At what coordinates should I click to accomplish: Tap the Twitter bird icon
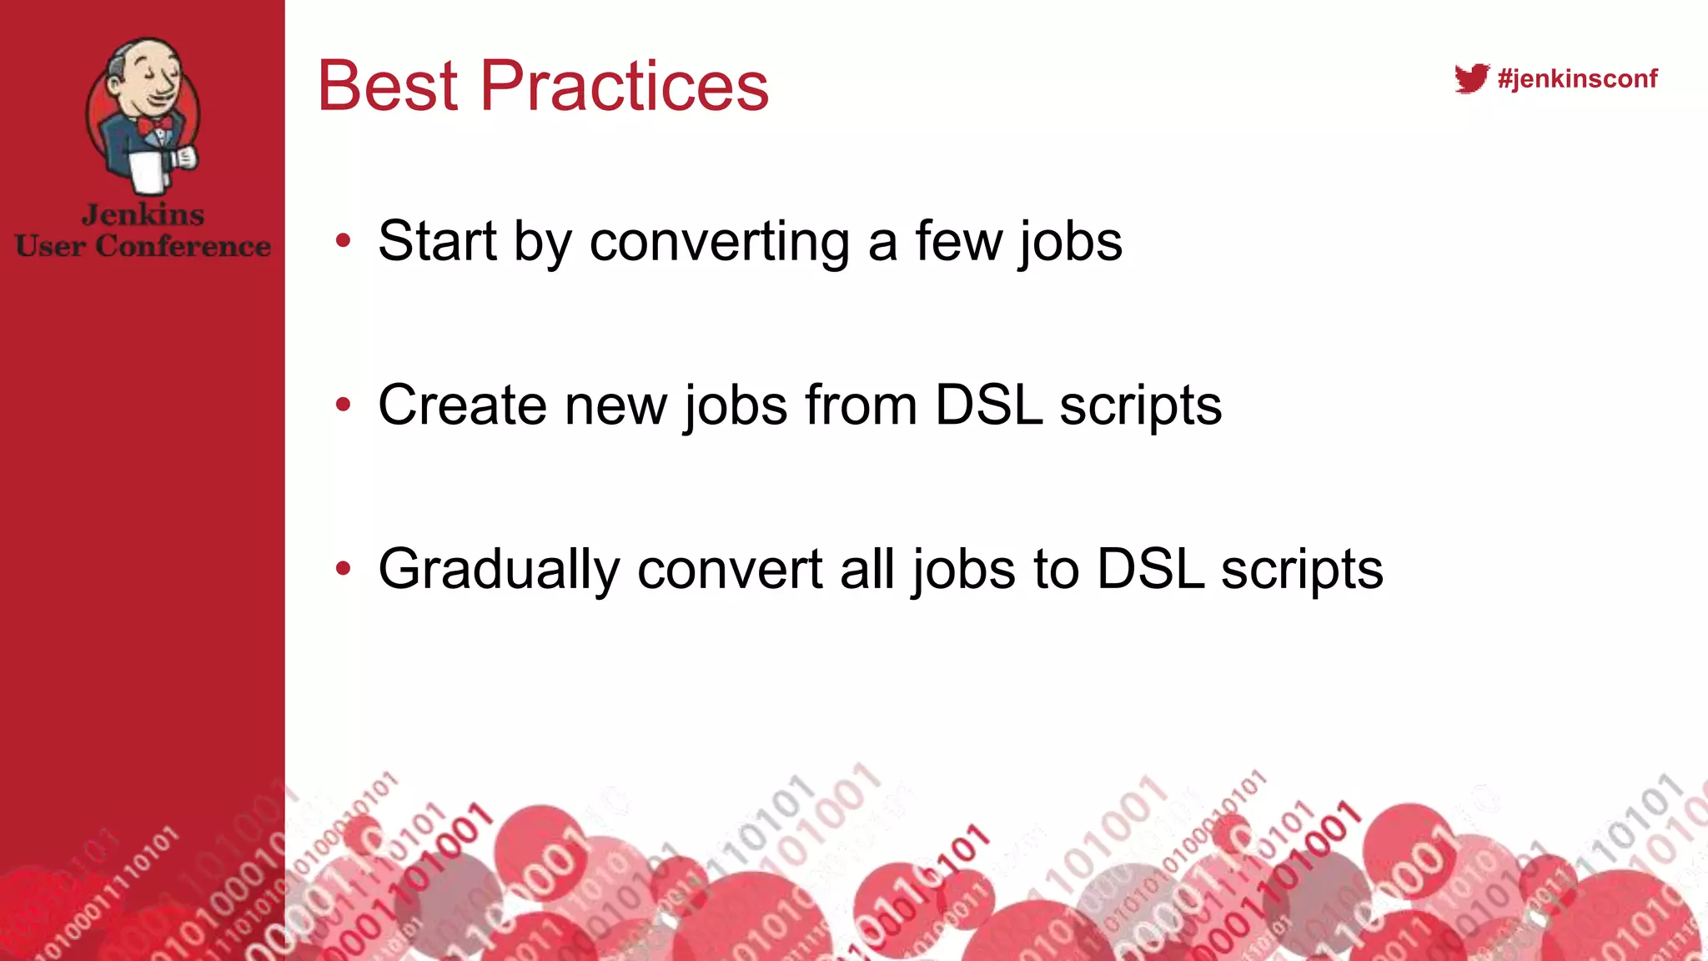tap(1471, 78)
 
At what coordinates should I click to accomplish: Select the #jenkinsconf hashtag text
tap(1577, 78)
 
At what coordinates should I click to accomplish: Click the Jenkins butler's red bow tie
tap(156, 126)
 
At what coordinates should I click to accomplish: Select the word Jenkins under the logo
tap(143, 215)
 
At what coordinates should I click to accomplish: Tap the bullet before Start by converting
tap(343, 242)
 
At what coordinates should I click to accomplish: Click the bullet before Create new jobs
tap(343, 405)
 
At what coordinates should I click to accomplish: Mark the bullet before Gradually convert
tap(343, 569)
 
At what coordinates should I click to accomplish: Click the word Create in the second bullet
tap(462, 405)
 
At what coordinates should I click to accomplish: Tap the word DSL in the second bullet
tap(988, 405)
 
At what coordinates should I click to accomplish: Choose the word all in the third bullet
tap(867, 569)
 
